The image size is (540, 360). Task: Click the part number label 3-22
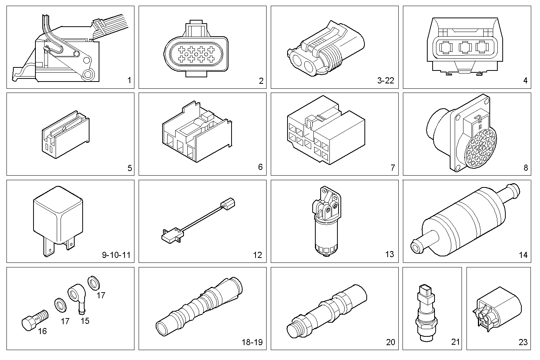click(385, 80)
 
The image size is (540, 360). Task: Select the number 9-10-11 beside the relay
click(116, 255)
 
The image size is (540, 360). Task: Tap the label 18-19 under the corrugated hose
click(252, 342)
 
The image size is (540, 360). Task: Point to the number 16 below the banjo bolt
click(42, 331)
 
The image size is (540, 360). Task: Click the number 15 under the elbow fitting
click(85, 321)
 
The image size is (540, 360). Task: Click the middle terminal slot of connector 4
click(465, 47)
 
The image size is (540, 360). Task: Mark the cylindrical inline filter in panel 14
click(465, 221)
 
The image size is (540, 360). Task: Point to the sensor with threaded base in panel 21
click(426, 312)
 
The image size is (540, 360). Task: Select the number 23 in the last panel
click(523, 342)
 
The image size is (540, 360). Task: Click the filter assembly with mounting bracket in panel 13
click(326, 221)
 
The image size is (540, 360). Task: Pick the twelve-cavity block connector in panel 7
click(326, 131)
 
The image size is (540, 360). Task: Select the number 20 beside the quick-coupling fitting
click(391, 342)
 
